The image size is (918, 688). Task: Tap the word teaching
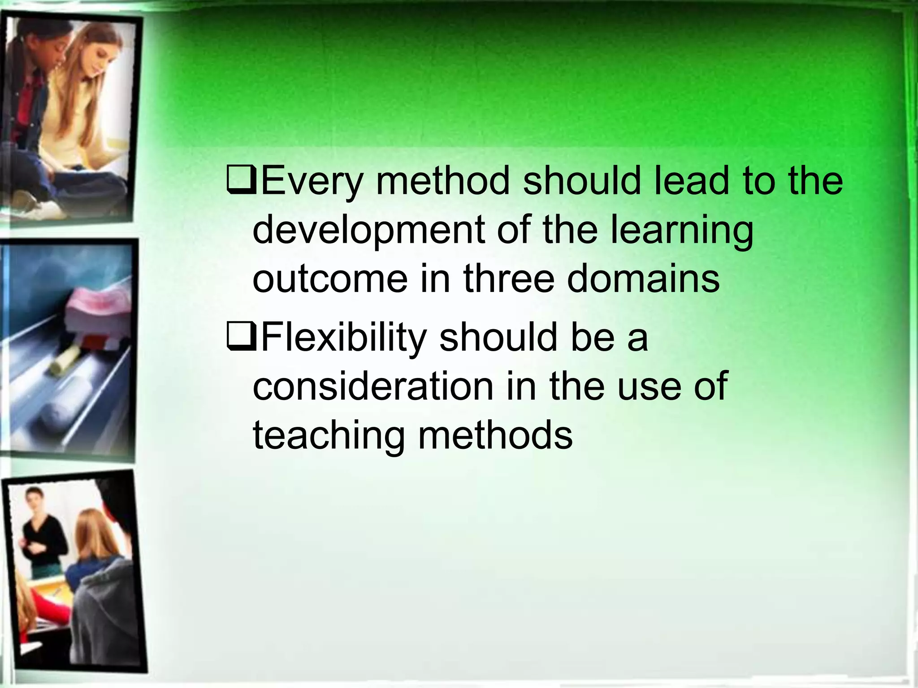tap(329, 435)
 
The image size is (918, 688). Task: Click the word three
tap(509, 279)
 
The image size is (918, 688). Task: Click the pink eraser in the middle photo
tap(92, 314)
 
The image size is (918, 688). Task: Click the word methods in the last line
tap(495, 435)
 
